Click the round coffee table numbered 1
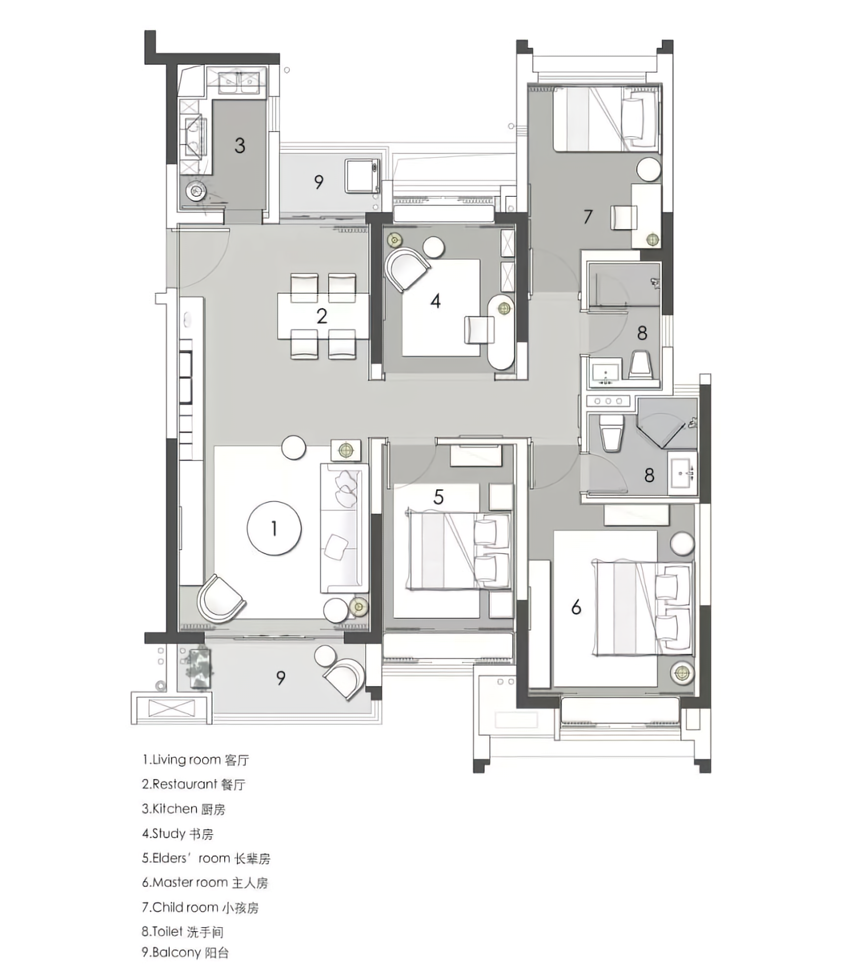[x=274, y=528]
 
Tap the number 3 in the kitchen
[x=239, y=145]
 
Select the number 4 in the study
[x=435, y=301]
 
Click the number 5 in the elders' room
[x=438, y=497]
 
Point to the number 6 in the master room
[x=576, y=607]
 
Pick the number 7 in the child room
[x=588, y=216]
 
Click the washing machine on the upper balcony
[x=363, y=176]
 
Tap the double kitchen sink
[x=238, y=82]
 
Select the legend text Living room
[x=187, y=760]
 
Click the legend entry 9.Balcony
[x=186, y=952]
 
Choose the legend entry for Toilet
[x=183, y=931]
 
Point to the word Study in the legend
[x=169, y=833]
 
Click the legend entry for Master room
[x=205, y=882]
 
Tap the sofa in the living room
[x=344, y=528]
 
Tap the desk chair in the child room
[x=624, y=217]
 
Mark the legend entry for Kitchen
[x=184, y=809]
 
